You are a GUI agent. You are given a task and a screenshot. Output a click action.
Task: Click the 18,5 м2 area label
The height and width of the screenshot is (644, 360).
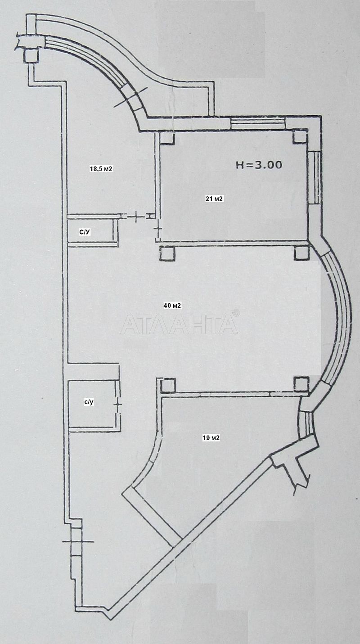[x=101, y=169]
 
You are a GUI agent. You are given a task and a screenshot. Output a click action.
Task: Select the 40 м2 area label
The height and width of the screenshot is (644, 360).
[x=172, y=306]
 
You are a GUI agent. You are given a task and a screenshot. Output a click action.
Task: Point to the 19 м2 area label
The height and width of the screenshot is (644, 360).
[x=211, y=438]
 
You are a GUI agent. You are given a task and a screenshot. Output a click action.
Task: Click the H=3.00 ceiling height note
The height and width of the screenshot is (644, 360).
[x=259, y=165]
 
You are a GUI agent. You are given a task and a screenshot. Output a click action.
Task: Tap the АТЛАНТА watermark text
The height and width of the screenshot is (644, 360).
[x=179, y=324]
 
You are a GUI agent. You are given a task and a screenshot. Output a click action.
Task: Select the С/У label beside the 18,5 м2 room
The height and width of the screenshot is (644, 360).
[x=85, y=232]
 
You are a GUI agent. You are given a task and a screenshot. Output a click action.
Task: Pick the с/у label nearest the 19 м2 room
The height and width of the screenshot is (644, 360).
[x=89, y=402]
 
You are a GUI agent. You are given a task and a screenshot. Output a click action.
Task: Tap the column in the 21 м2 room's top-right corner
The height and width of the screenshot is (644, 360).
[x=300, y=137]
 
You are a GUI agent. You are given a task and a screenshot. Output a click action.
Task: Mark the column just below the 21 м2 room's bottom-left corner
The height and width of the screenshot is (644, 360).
[x=167, y=253]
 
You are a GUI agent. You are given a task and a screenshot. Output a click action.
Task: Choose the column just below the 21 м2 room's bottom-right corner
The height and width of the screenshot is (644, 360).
[x=301, y=253]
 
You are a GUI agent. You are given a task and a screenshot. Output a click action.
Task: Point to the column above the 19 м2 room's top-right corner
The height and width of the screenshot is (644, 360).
[x=301, y=384]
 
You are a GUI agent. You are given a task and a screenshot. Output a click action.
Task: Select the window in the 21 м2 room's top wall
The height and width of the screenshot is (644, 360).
[x=258, y=123]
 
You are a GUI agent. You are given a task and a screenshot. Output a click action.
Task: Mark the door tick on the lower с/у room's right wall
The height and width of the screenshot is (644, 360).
[x=118, y=404]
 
